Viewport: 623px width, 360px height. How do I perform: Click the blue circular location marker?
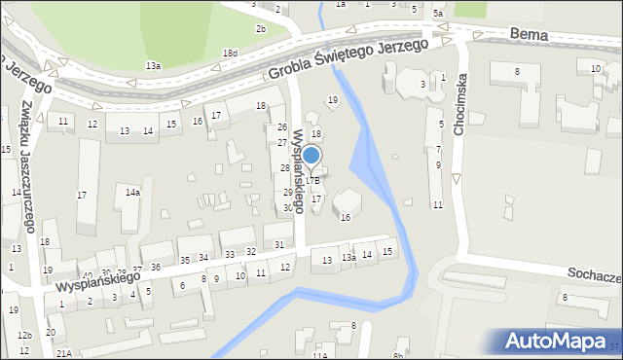(311, 156)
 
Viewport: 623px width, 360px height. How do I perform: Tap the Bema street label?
(529, 34)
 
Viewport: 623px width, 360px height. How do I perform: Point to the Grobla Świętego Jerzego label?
(348, 60)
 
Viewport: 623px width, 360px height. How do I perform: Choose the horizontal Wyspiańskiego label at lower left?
(98, 274)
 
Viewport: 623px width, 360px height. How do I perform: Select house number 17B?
(312, 181)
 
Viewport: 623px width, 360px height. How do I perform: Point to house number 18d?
(229, 53)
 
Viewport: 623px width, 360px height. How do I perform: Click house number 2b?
(261, 28)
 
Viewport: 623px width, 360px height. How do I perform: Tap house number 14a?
(132, 193)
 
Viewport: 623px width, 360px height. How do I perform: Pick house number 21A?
(63, 352)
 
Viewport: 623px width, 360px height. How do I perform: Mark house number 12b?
(23, 336)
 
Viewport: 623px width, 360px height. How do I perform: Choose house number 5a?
(438, 14)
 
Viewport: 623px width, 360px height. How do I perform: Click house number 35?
(185, 260)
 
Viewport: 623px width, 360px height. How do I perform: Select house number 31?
(279, 243)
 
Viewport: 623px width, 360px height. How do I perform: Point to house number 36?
(156, 267)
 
